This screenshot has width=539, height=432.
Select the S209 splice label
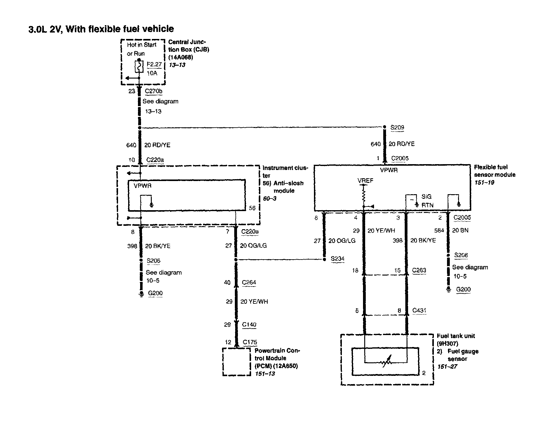click(x=397, y=127)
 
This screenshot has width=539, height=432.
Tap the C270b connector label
click(x=154, y=91)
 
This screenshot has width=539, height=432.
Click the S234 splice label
click(x=337, y=259)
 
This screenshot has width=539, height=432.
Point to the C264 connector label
click(x=249, y=283)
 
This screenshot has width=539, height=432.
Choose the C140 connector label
click(x=249, y=325)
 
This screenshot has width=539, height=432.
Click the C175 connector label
click(x=250, y=342)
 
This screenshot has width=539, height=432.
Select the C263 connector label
click(x=419, y=270)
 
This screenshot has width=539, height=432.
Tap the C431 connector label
click(x=419, y=310)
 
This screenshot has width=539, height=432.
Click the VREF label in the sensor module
click(x=365, y=181)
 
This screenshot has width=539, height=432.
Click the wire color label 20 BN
click(x=460, y=230)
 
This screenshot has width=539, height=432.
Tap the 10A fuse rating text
click(x=152, y=73)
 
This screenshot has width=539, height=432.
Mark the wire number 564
click(x=439, y=230)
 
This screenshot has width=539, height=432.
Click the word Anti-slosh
click(x=288, y=183)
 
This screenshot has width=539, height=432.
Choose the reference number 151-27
click(x=447, y=367)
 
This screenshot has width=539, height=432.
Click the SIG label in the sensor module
click(x=426, y=197)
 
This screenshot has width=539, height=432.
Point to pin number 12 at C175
click(x=227, y=342)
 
